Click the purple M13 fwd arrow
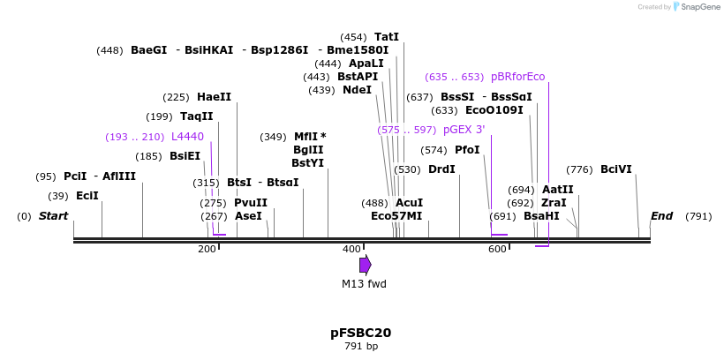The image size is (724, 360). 365,265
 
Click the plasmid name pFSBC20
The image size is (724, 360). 360,333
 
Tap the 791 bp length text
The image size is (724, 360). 360,346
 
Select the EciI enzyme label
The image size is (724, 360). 87,196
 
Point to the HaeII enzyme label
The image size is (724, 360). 215,97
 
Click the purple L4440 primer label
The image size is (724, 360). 187,137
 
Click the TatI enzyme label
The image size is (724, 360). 387,37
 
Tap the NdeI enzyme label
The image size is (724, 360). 357,90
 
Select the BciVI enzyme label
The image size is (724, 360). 616,169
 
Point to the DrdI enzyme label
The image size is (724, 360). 441,169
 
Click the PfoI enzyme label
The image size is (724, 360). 467,150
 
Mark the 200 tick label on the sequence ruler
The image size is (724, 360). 207,250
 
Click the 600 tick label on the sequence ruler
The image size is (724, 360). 497,250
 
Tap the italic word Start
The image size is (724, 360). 54,216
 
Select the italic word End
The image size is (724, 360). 661,216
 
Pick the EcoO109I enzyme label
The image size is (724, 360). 494,110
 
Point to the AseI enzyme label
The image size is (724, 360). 248,216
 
